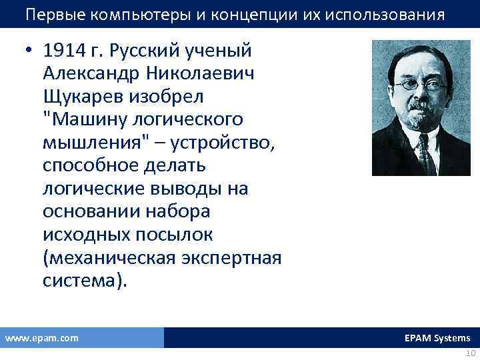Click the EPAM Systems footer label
click(x=437, y=338)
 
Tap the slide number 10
click(x=469, y=353)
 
